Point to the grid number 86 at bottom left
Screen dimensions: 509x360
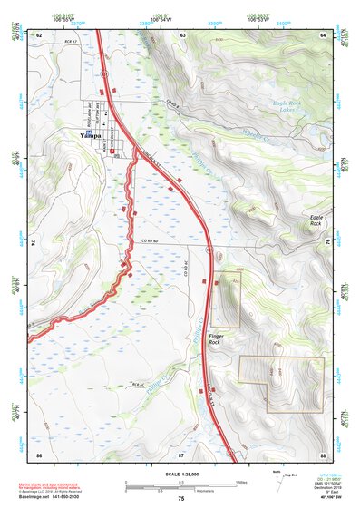[x=39, y=453]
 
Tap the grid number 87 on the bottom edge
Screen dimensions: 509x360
[x=181, y=453]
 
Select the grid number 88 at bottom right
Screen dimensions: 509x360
[x=322, y=453]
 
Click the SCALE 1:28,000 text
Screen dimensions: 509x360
[x=180, y=475]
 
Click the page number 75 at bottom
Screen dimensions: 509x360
[x=181, y=500]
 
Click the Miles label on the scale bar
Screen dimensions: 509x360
[x=241, y=481]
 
